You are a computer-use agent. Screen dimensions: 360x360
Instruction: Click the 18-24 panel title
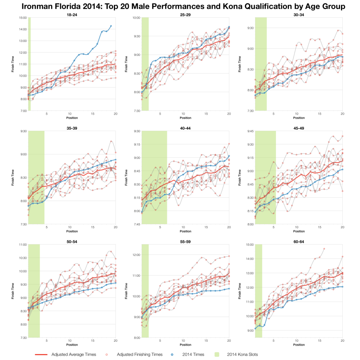[72, 14]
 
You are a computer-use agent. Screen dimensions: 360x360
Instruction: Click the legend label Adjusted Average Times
[73, 354]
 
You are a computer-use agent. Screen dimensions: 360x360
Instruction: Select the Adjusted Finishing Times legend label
[148, 354]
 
